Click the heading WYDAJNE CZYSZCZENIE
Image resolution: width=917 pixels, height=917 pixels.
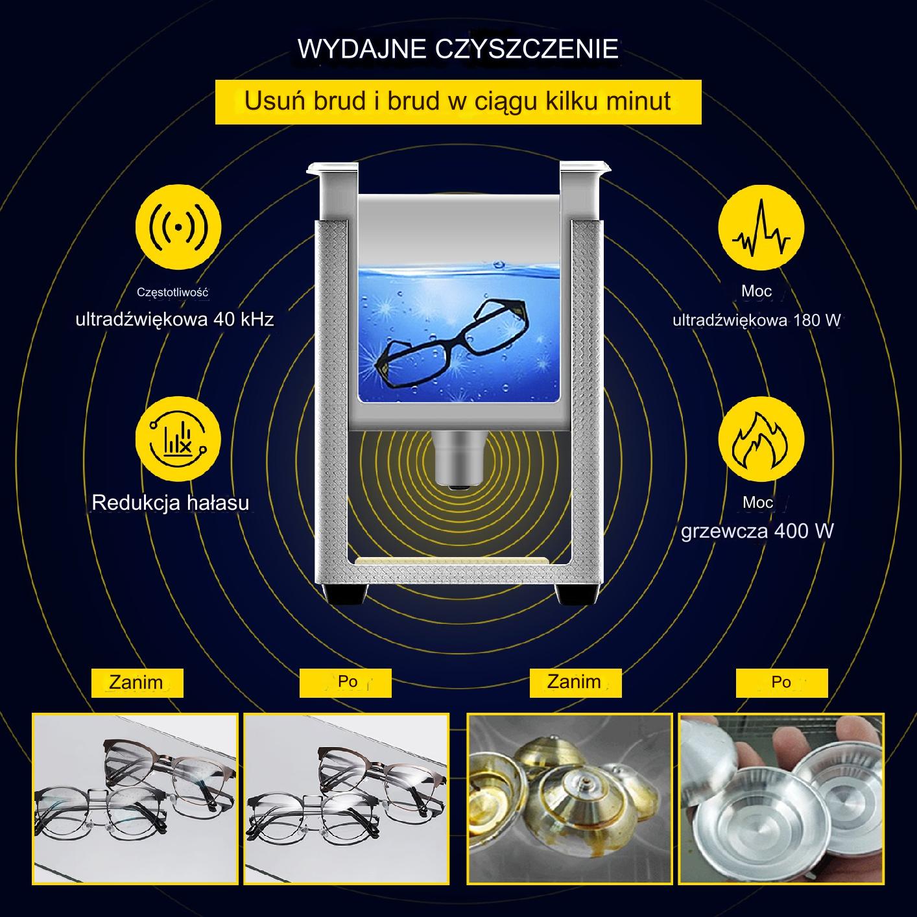458,49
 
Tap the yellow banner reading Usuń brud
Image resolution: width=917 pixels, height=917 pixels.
458,102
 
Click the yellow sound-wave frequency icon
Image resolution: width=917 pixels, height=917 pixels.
178,227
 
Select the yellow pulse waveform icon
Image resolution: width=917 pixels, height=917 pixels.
761,228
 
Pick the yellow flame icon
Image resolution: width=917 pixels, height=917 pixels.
761,439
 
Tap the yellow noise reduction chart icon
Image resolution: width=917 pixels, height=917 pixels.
178,439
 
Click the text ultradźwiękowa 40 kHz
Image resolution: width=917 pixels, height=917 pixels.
174,319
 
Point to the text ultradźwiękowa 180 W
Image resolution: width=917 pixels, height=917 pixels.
756,320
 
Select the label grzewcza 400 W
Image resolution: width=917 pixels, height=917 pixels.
757,531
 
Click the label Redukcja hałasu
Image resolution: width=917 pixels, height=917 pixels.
171,503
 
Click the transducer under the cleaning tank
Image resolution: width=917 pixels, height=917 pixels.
458,459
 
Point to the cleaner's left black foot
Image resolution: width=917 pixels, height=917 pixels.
345,595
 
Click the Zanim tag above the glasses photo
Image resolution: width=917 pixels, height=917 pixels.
137,683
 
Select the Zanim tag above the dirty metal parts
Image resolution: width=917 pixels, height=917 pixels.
575,682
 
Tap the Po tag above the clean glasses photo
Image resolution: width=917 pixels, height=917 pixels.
346,683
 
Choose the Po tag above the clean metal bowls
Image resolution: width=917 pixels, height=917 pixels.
782,683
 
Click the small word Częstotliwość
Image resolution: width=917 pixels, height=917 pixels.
173,292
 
